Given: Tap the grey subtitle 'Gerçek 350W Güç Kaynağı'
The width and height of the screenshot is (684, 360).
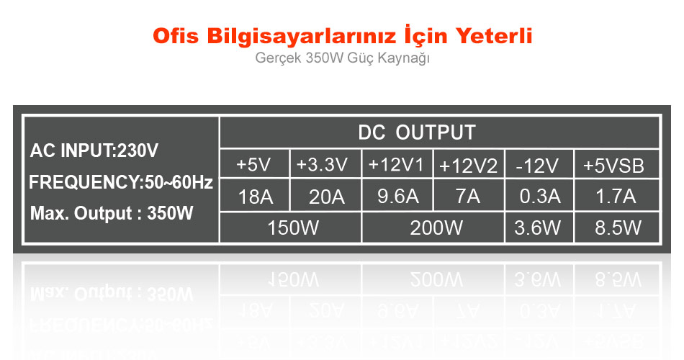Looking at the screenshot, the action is pos(343,58).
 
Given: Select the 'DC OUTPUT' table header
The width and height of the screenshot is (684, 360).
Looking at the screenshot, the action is pos(417,132).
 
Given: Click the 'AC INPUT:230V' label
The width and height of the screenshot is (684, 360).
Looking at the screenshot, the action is pos(94,150).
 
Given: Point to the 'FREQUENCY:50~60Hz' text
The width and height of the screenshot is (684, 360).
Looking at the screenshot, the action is pos(121,182).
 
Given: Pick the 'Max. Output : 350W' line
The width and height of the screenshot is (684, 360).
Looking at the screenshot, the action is pos(112,213).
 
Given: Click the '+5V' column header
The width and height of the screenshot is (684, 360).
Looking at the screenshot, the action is pos(253,165).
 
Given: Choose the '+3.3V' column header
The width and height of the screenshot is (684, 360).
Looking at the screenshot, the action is pos(322,165).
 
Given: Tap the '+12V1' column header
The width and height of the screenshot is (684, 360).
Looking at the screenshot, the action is pos(396,165).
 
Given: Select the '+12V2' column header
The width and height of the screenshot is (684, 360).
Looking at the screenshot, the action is pos(468,166).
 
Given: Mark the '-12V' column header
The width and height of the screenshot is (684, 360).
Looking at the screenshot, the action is pos(537,166).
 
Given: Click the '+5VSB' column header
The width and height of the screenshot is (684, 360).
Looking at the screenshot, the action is pos(613,166).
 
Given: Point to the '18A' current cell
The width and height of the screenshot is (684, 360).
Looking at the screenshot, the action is pos(256,197).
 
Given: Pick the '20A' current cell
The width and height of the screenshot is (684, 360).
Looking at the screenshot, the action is pos(327,197).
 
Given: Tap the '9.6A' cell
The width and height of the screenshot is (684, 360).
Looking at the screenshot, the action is pos(398,197).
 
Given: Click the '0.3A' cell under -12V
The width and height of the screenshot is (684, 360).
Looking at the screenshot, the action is pos(540,197).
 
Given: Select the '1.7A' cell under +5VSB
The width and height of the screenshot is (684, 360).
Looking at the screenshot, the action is pos(616,197).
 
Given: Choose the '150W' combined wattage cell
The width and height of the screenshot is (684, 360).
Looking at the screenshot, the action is pos(293,228).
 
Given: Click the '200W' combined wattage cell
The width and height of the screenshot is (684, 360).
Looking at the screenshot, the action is pos(436,228).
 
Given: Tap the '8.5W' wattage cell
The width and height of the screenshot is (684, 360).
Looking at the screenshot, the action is pos(618,228).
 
